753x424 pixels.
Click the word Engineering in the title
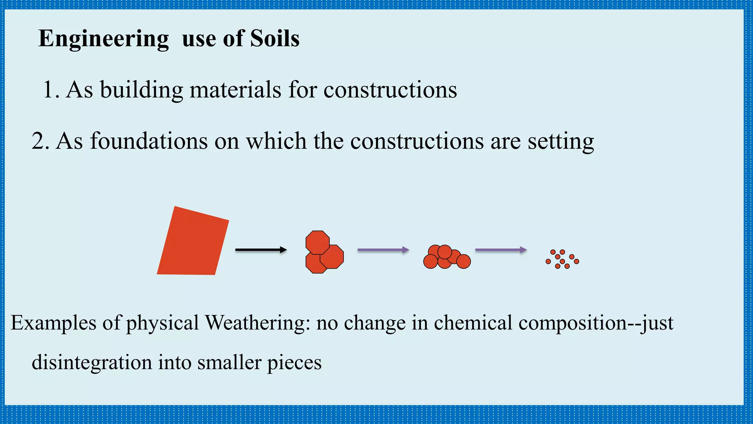103,39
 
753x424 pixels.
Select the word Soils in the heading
275,38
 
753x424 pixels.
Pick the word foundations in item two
149,141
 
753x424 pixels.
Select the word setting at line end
561,141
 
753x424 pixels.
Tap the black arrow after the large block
261,250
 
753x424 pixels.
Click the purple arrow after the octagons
383,250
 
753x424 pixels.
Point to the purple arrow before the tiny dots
501,250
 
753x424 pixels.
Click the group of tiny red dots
562,259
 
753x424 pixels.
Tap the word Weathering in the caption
255,323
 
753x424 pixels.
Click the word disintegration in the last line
92,362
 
